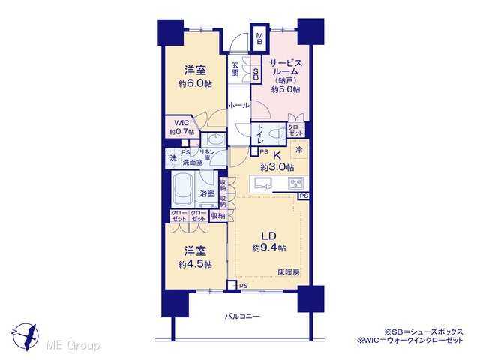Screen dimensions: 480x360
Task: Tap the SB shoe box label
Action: click(x=256, y=73)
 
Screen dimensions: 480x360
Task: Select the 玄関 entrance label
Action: click(x=235, y=69)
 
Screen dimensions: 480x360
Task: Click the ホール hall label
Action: click(x=238, y=106)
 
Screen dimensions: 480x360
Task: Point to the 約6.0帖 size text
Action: click(x=195, y=83)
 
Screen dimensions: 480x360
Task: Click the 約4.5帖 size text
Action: click(x=195, y=264)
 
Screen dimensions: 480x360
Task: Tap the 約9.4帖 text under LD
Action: click(x=269, y=247)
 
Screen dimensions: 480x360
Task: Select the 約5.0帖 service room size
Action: click(x=286, y=89)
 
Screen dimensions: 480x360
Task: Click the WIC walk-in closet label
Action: click(x=181, y=123)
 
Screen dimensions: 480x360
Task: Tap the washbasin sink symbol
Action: click(x=216, y=139)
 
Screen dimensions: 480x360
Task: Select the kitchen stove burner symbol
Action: click(x=295, y=183)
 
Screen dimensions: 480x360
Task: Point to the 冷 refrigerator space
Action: click(x=299, y=150)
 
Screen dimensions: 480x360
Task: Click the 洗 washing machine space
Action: click(x=173, y=158)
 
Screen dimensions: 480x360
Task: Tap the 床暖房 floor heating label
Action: click(x=289, y=272)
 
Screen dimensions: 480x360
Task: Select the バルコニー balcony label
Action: click(x=242, y=316)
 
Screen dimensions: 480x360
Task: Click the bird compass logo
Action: click(x=25, y=337)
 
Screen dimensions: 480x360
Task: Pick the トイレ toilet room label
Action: click(x=260, y=133)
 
